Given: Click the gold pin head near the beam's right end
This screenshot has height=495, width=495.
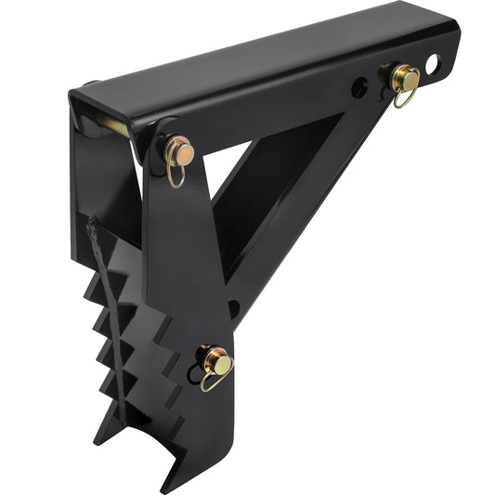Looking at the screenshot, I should point(405,79).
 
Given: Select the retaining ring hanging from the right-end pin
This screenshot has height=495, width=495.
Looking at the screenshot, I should point(401,96).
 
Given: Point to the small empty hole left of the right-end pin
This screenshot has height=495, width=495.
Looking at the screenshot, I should point(358,89).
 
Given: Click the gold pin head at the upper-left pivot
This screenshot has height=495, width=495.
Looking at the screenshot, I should point(181,150).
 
